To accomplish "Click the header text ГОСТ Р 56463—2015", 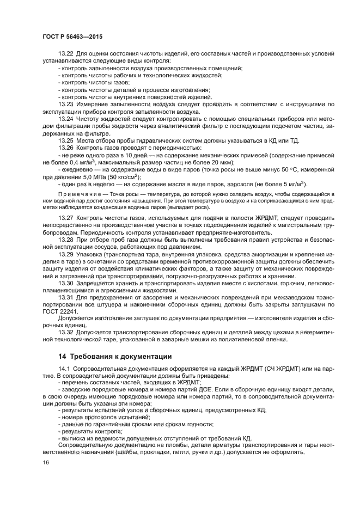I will pyautogui.click(x=72, y=35).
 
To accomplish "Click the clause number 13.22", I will pyautogui.click(x=65, y=53).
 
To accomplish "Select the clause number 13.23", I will pyautogui.click(x=65, y=103).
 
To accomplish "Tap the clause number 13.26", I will pyautogui.click(x=65, y=148).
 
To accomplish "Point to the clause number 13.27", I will pyautogui.click(x=65, y=218).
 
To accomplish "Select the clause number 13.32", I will pyautogui.click(x=65, y=333).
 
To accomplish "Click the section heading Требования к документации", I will pyautogui.click(x=119, y=357).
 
